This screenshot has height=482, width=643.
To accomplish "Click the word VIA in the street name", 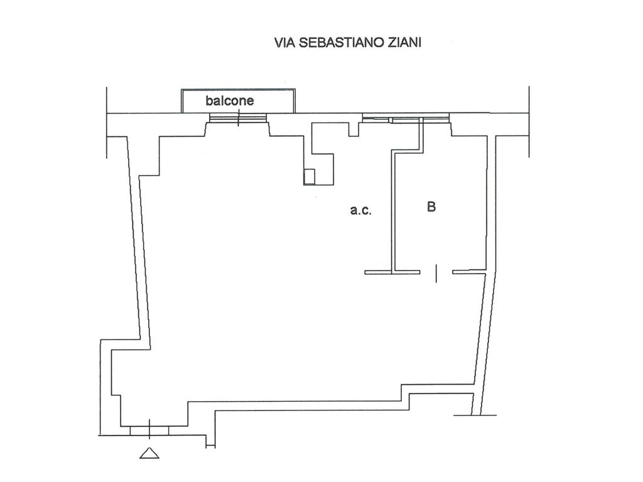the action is click(x=283, y=43).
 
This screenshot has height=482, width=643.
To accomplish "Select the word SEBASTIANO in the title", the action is click(x=333, y=43).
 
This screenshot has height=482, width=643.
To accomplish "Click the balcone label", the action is click(x=230, y=100).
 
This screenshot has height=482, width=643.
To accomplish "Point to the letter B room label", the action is click(x=431, y=206).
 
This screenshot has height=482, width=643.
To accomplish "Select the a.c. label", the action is click(x=361, y=211).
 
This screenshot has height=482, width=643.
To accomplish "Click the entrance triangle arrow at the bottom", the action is click(x=149, y=452).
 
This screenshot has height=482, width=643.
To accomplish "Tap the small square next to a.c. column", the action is click(x=309, y=176).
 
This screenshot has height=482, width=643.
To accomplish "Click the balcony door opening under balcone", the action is click(x=238, y=118).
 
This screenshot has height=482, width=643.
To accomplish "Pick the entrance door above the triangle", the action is click(x=149, y=429).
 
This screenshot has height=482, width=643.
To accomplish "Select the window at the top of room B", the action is click(x=406, y=117).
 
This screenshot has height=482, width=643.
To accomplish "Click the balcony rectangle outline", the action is click(x=239, y=92).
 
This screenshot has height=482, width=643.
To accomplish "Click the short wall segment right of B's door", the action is click(x=468, y=272).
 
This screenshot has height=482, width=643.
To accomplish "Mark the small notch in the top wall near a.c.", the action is click(x=354, y=129).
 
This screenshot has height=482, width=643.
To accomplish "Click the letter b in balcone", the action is click(x=209, y=100).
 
